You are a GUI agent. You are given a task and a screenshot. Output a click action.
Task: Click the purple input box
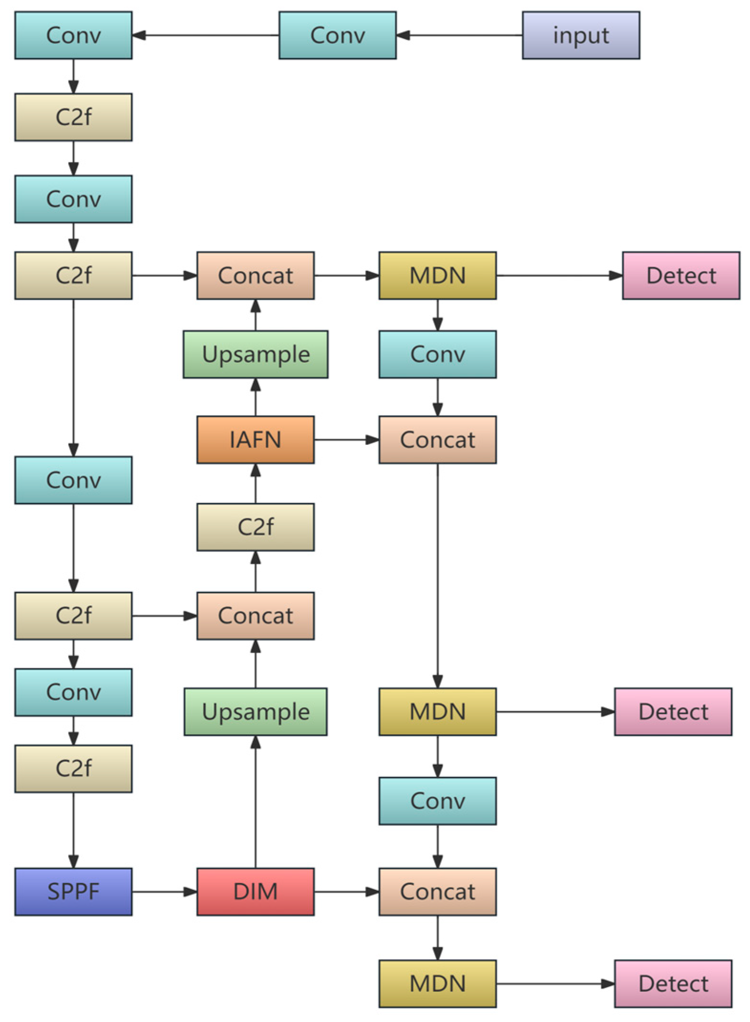click(581, 35)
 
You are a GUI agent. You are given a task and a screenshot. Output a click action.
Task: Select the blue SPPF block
click(73, 891)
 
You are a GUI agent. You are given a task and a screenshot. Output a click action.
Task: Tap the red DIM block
click(255, 891)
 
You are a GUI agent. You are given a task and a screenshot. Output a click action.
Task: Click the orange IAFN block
click(255, 440)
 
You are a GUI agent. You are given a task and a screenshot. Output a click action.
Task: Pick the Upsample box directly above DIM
click(255, 711)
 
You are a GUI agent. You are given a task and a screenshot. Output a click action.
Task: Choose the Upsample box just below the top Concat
click(255, 354)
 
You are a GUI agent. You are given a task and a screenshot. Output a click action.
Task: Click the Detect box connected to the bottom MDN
click(673, 983)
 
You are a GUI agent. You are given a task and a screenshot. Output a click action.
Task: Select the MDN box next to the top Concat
click(437, 275)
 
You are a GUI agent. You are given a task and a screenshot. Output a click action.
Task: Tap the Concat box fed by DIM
click(437, 891)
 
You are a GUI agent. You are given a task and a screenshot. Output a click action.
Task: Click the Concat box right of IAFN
click(437, 440)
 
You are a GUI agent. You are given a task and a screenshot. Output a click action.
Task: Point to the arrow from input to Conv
click(458, 35)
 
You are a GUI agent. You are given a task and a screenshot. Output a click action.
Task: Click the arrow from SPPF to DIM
click(164, 891)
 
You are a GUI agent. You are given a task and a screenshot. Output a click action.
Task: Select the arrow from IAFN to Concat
click(346, 440)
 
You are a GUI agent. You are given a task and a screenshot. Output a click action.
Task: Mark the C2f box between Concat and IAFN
click(255, 527)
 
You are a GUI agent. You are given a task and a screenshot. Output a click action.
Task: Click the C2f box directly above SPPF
click(73, 769)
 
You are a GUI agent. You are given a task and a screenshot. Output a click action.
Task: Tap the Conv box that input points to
click(338, 35)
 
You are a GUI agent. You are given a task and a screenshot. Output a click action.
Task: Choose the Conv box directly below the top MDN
click(437, 354)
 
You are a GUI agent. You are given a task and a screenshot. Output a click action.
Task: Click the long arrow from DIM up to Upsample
click(255, 802)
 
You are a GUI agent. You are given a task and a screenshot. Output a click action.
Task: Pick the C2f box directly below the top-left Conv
click(73, 117)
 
